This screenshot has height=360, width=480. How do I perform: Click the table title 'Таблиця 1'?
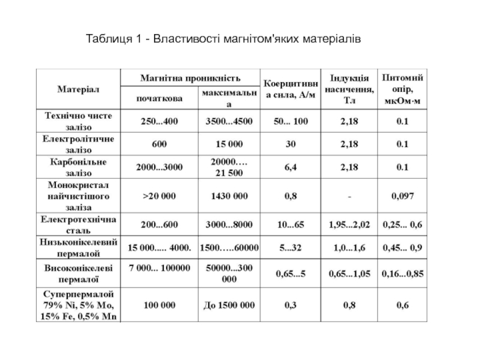pos(223,40)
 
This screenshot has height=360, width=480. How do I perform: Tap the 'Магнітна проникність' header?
pos(191,78)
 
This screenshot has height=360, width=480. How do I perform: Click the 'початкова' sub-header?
pos(160,98)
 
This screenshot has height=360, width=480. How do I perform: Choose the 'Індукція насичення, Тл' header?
pos(349,89)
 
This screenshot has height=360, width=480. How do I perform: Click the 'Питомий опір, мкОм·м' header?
pos(402,89)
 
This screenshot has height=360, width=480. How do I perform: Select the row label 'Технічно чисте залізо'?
pos(79,121)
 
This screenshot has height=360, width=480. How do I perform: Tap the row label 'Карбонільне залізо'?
pos(79,167)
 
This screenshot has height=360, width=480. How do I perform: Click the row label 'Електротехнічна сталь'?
pos(79,224)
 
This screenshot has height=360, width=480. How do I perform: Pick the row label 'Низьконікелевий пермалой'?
pos(79,247)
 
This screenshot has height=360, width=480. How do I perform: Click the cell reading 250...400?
pos(160,121)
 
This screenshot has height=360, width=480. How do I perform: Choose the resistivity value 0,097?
pos(402,196)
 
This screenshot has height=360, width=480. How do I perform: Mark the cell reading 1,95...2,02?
pos(349,224)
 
